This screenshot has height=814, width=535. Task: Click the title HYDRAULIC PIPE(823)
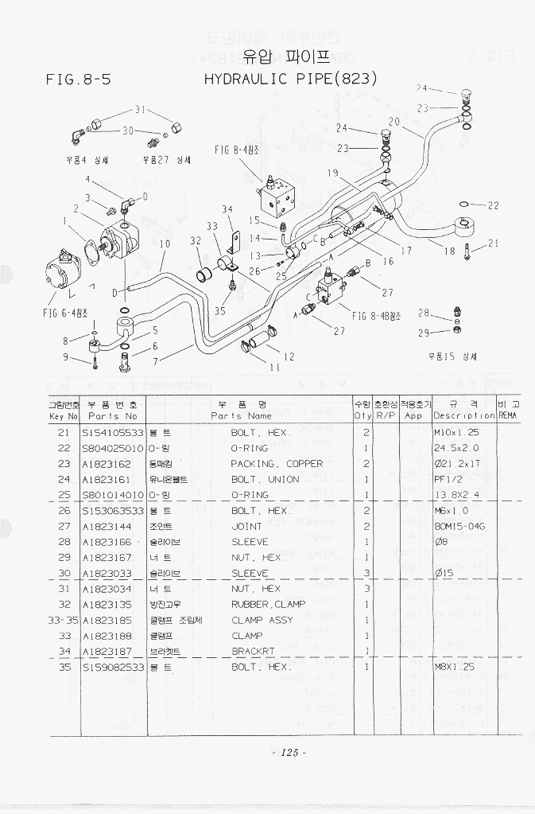point(290,79)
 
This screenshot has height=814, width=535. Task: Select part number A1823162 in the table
point(107,463)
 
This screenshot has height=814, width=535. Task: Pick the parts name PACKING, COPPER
point(277,463)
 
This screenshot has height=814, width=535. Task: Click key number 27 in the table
point(64,526)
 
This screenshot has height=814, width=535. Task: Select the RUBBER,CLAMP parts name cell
point(268,604)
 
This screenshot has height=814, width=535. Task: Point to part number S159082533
point(113,667)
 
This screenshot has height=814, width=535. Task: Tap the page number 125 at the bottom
point(289,752)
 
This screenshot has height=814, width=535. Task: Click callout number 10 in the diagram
point(165,244)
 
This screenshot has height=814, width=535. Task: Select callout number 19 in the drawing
point(332,173)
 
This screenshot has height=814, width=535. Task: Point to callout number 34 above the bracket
point(227,209)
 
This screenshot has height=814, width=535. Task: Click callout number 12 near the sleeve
point(289,356)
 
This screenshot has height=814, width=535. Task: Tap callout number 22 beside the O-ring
point(493,205)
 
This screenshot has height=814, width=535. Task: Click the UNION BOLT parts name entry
point(265,479)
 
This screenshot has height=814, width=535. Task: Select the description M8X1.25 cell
point(454,667)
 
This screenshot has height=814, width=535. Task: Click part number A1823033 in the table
point(107,573)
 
